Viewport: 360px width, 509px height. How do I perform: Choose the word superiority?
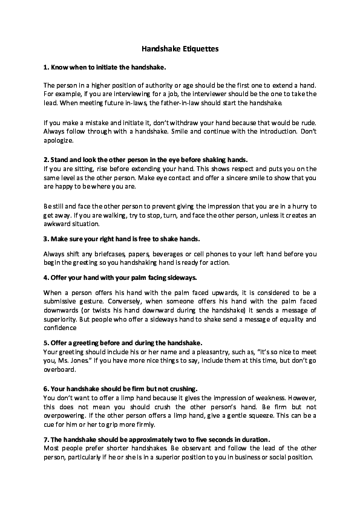[x=63, y=319]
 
